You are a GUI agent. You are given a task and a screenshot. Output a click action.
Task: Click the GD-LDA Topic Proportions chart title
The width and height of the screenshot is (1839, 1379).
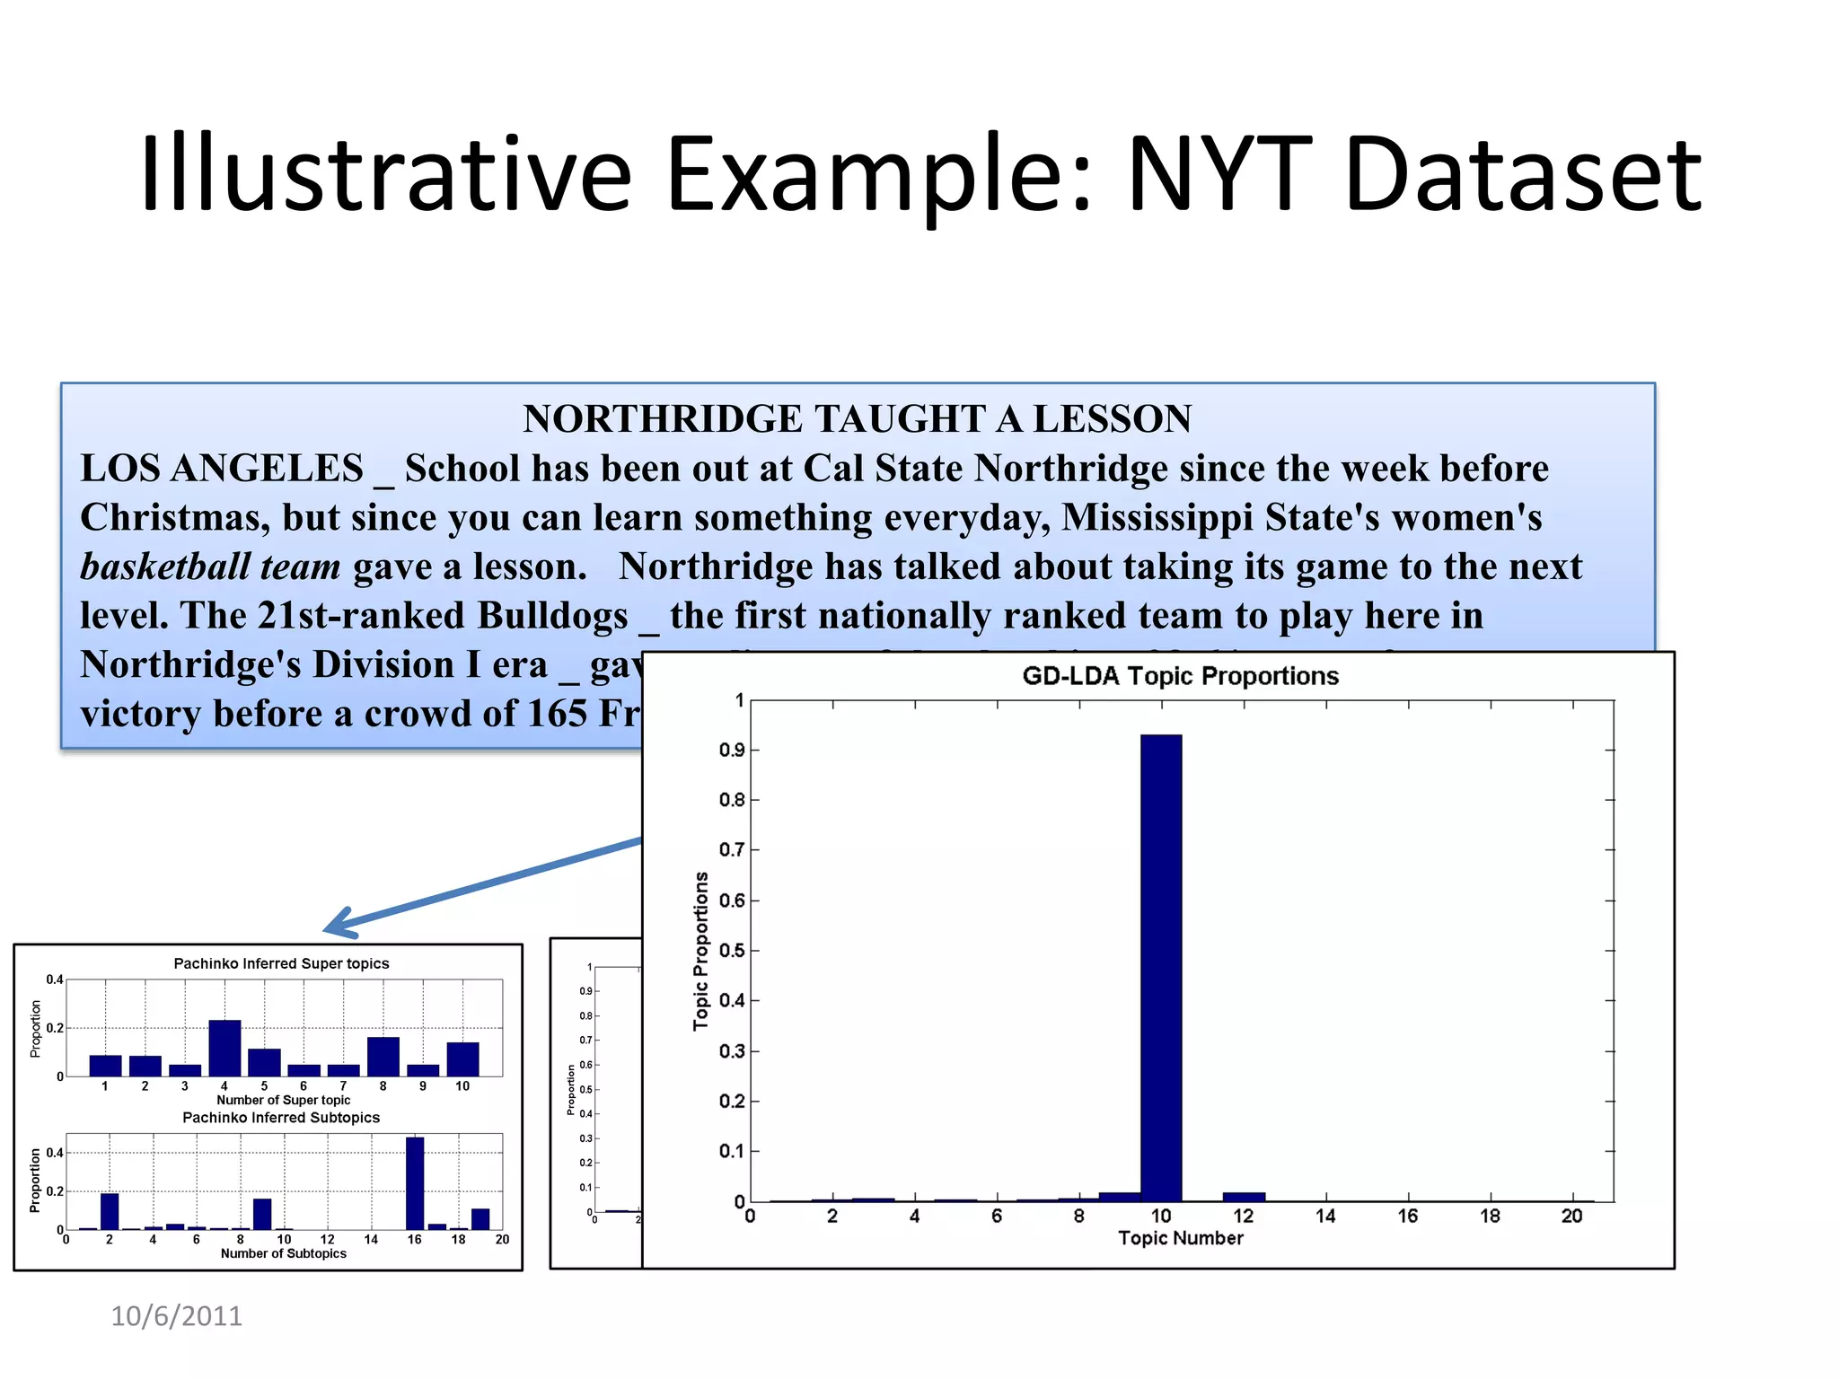pyautogui.click(x=1180, y=676)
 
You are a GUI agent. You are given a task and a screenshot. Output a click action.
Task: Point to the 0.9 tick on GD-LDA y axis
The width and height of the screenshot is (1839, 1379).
pyautogui.click(x=733, y=750)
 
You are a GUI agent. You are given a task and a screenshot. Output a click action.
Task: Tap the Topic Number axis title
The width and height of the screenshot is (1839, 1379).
pyautogui.click(x=1180, y=1238)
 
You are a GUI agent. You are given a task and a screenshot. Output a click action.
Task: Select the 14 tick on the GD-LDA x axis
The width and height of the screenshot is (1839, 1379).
pyautogui.click(x=1325, y=1217)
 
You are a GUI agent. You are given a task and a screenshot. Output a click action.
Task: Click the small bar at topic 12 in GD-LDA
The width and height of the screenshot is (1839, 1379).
pyautogui.click(x=1244, y=1197)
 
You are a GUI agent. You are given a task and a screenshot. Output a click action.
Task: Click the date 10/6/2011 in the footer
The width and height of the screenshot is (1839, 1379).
pyautogui.click(x=176, y=1316)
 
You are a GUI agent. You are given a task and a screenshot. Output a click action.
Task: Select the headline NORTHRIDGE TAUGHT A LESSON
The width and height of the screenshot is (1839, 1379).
pyautogui.click(x=858, y=419)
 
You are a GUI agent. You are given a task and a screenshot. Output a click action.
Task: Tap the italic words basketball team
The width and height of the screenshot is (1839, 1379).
pyautogui.click(x=211, y=567)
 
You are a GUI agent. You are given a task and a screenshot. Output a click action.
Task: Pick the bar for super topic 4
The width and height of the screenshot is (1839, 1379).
pyautogui.click(x=224, y=1048)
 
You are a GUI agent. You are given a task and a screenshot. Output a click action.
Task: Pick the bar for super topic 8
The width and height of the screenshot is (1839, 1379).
pyautogui.click(x=383, y=1057)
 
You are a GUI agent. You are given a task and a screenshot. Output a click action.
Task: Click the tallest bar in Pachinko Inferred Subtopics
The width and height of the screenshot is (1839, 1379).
pyautogui.click(x=415, y=1183)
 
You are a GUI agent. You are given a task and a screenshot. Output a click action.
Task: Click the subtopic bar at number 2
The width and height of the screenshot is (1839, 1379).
pyautogui.click(x=110, y=1211)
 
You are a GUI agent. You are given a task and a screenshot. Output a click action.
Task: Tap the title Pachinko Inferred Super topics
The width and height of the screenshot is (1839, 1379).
pyautogui.click(x=281, y=963)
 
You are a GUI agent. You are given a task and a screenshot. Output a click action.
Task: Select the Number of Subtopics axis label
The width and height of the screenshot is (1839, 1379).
pyautogui.click(x=283, y=1253)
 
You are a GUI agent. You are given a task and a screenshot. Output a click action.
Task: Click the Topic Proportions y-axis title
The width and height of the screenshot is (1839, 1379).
pyautogui.click(x=700, y=951)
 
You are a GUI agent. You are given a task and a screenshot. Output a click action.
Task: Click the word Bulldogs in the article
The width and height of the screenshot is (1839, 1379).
pyautogui.click(x=552, y=616)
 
